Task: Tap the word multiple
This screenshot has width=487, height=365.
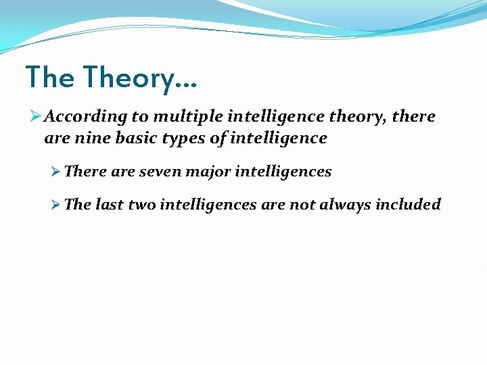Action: pos(185,117)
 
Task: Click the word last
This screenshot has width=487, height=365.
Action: pos(110,204)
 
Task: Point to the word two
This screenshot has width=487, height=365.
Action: pos(141,204)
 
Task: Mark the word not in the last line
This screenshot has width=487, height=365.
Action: pos(302,204)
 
